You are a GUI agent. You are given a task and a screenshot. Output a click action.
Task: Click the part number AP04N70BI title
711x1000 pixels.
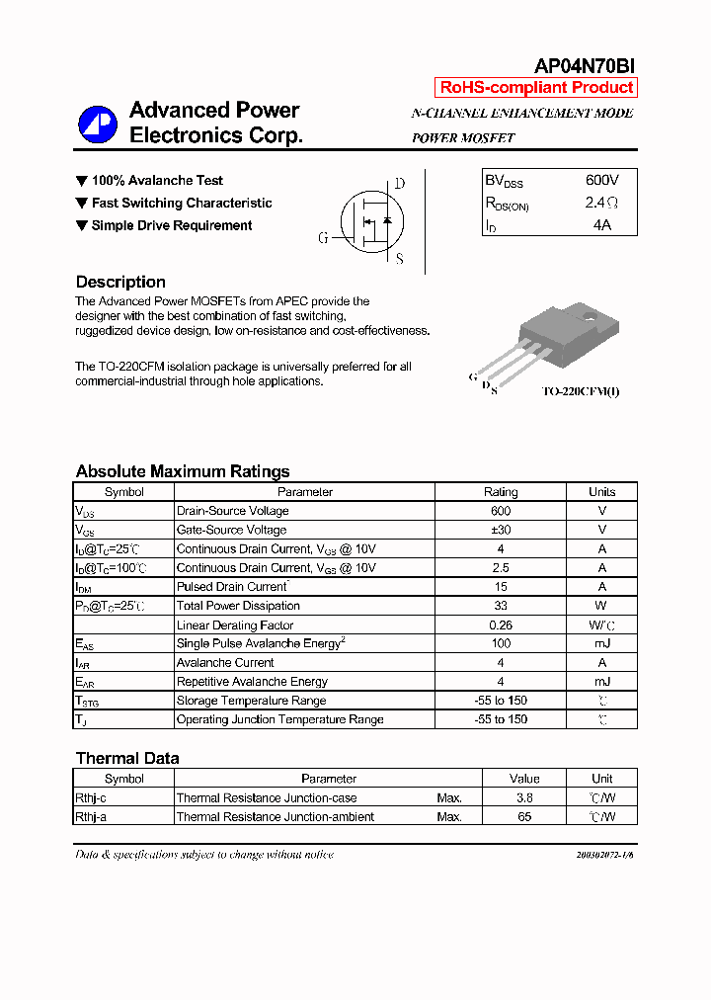point(585,66)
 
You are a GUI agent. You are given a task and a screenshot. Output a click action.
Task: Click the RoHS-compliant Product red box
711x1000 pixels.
point(536,88)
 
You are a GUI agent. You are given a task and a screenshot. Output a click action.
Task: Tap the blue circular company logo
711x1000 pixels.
point(98,124)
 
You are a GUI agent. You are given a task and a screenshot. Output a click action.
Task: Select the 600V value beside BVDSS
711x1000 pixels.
point(601,181)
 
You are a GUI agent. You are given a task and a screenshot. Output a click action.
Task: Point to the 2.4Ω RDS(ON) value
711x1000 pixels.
point(601,203)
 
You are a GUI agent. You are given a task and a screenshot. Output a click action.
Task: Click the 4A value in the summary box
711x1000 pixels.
point(601,224)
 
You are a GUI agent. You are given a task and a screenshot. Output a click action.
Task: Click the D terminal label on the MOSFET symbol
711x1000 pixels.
point(400,184)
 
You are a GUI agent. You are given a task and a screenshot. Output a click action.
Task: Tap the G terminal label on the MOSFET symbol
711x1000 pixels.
point(323,238)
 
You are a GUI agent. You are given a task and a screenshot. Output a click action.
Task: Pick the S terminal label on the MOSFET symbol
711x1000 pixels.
point(399,259)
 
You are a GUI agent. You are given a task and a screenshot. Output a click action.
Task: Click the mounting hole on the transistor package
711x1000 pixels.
point(590,318)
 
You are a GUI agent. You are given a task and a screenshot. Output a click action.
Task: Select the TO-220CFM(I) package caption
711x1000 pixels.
point(581,392)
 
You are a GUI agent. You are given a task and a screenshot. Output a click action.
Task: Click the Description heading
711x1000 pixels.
point(120,282)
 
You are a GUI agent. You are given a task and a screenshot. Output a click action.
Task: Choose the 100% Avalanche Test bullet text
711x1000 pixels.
point(157,181)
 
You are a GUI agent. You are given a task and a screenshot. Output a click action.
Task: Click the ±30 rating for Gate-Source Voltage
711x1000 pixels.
point(500,530)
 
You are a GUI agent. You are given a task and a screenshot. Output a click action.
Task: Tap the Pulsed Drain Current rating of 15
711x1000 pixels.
point(500,587)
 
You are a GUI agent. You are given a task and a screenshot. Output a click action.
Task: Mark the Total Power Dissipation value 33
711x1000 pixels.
point(500,606)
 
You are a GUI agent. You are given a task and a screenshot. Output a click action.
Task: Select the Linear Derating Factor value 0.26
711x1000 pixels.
point(500,625)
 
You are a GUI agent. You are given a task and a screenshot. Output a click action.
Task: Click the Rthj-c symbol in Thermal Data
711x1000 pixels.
point(91,797)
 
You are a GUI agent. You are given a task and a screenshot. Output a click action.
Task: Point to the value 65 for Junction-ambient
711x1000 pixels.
point(524,817)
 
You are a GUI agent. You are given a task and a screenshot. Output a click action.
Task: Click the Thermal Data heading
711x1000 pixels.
point(127,759)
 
